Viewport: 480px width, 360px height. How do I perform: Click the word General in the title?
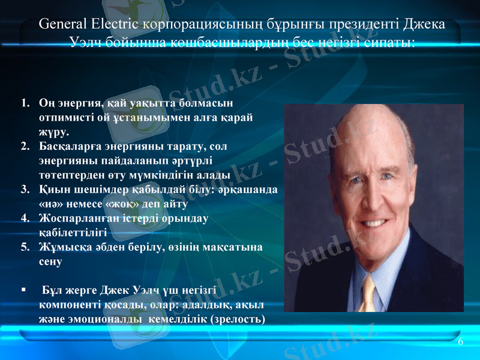[x=63, y=25]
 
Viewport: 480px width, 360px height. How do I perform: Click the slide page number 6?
[x=460, y=341]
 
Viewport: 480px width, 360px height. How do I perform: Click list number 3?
[x=25, y=190]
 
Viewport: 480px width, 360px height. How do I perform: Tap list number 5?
[x=25, y=247]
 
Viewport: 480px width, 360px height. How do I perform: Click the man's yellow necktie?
[x=367, y=293]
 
